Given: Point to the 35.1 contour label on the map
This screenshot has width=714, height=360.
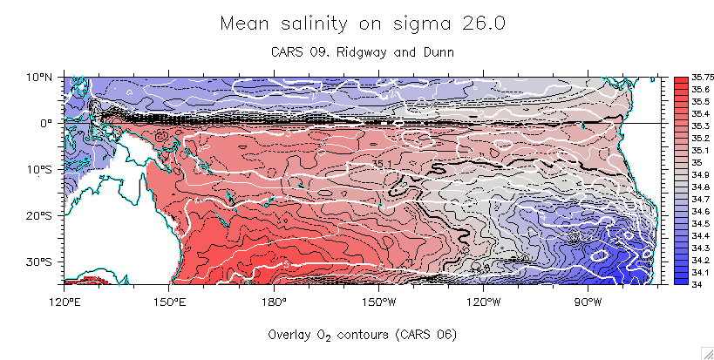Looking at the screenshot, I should [384, 163].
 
